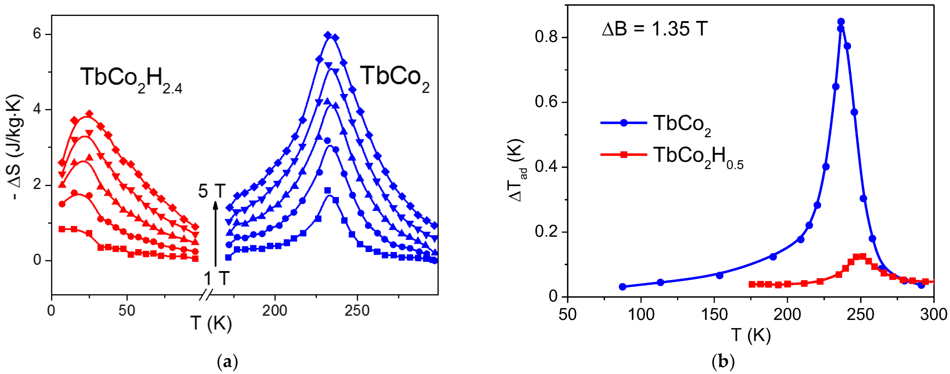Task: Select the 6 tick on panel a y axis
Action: coord(37,34)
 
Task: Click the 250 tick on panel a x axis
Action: coord(357,311)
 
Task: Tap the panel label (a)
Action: coord(227,362)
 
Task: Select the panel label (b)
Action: coord(723,362)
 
